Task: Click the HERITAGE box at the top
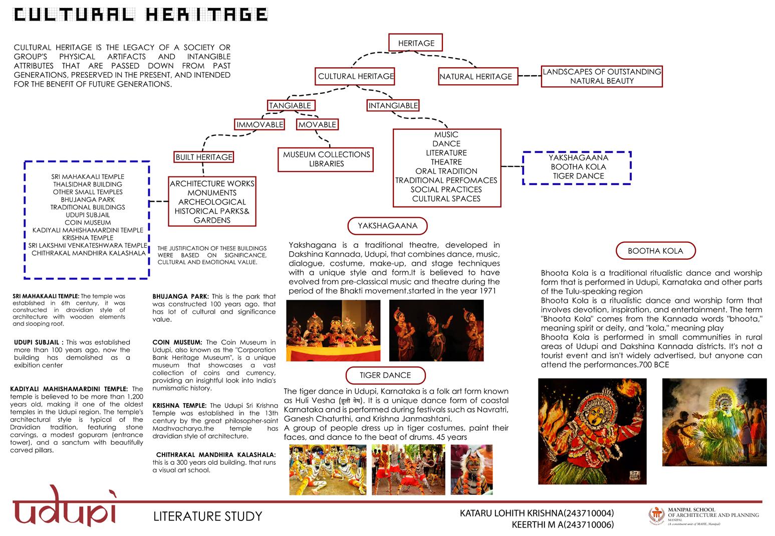[416, 43]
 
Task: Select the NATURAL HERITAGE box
[475, 76]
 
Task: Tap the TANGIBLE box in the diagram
[290, 105]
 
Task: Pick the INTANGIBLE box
[393, 105]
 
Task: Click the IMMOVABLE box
[260, 124]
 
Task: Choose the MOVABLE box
[317, 124]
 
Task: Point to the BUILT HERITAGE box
[204, 157]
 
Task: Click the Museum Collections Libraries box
[326, 159]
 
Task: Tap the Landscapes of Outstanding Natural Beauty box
[602, 76]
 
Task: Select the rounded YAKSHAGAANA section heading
[387, 226]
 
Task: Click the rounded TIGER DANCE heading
[385, 375]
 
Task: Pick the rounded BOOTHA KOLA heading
[655, 251]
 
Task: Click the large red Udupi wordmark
[65, 507]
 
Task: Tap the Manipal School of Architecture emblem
[656, 515]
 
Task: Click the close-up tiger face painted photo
[471, 470]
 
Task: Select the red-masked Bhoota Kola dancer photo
[592, 431]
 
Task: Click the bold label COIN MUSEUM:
[177, 342]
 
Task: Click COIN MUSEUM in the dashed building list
[88, 222]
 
